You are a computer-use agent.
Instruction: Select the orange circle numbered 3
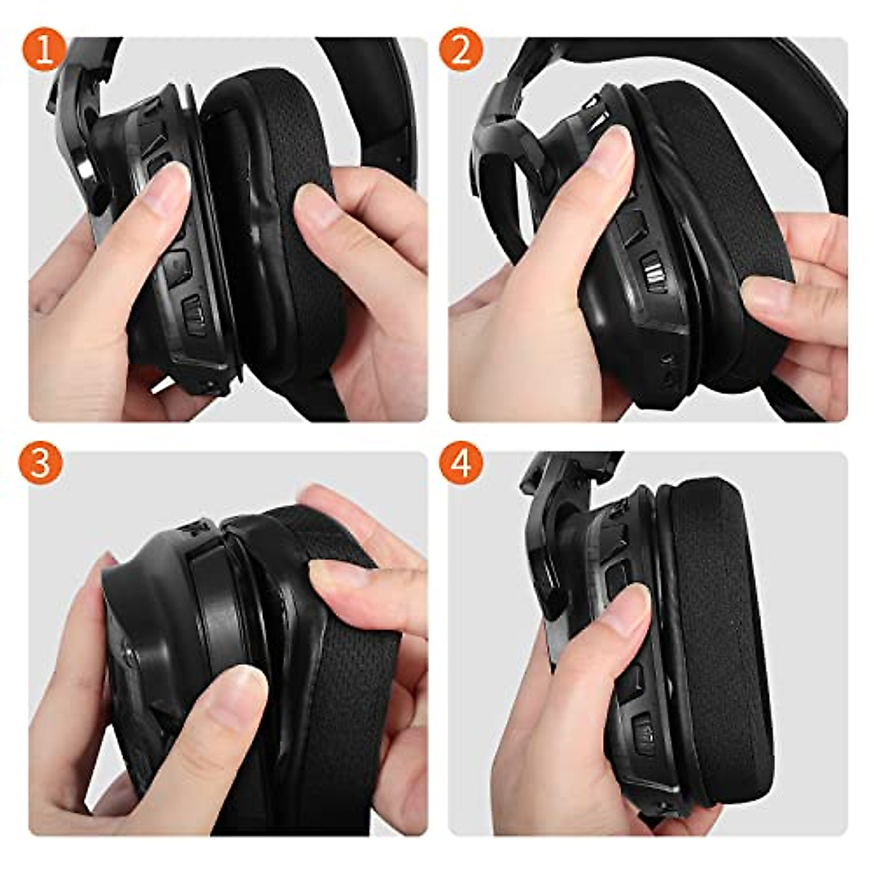(x=41, y=463)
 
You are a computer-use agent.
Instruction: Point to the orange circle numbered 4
(x=461, y=463)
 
